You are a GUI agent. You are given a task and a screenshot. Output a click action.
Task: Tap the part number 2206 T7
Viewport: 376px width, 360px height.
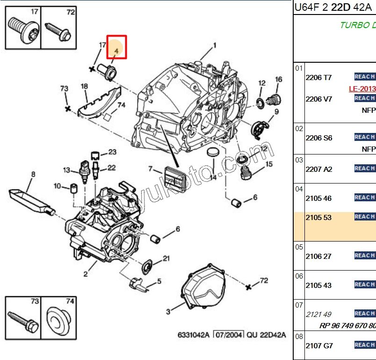[318, 78]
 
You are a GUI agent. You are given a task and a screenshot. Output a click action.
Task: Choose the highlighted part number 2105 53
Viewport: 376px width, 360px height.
[318, 218]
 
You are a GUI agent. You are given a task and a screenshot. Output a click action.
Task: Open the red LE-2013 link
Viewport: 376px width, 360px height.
[362, 88]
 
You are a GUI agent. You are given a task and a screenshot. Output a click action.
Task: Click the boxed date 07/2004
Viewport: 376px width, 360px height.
[229, 335]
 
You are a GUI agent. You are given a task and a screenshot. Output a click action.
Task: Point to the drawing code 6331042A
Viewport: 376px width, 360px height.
[194, 335]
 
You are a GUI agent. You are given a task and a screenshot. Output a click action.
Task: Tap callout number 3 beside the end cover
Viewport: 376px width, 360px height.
[168, 311]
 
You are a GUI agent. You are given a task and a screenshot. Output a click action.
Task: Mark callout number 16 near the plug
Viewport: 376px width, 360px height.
[279, 80]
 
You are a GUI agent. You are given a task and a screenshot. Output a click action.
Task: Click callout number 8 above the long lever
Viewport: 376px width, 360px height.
[33, 175]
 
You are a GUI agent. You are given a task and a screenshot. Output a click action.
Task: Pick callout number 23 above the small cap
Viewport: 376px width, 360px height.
[112, 152]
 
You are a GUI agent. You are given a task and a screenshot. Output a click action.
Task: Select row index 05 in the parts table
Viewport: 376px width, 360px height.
[299, 247]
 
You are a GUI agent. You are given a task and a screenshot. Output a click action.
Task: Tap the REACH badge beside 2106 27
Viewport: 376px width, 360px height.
[364, 255]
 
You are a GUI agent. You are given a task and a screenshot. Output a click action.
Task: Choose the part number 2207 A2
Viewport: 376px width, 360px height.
[318, 169]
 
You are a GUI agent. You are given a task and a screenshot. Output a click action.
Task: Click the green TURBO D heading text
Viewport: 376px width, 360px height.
[357, 25]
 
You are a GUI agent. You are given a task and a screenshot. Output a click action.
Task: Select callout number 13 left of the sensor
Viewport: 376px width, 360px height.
[66, 170]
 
